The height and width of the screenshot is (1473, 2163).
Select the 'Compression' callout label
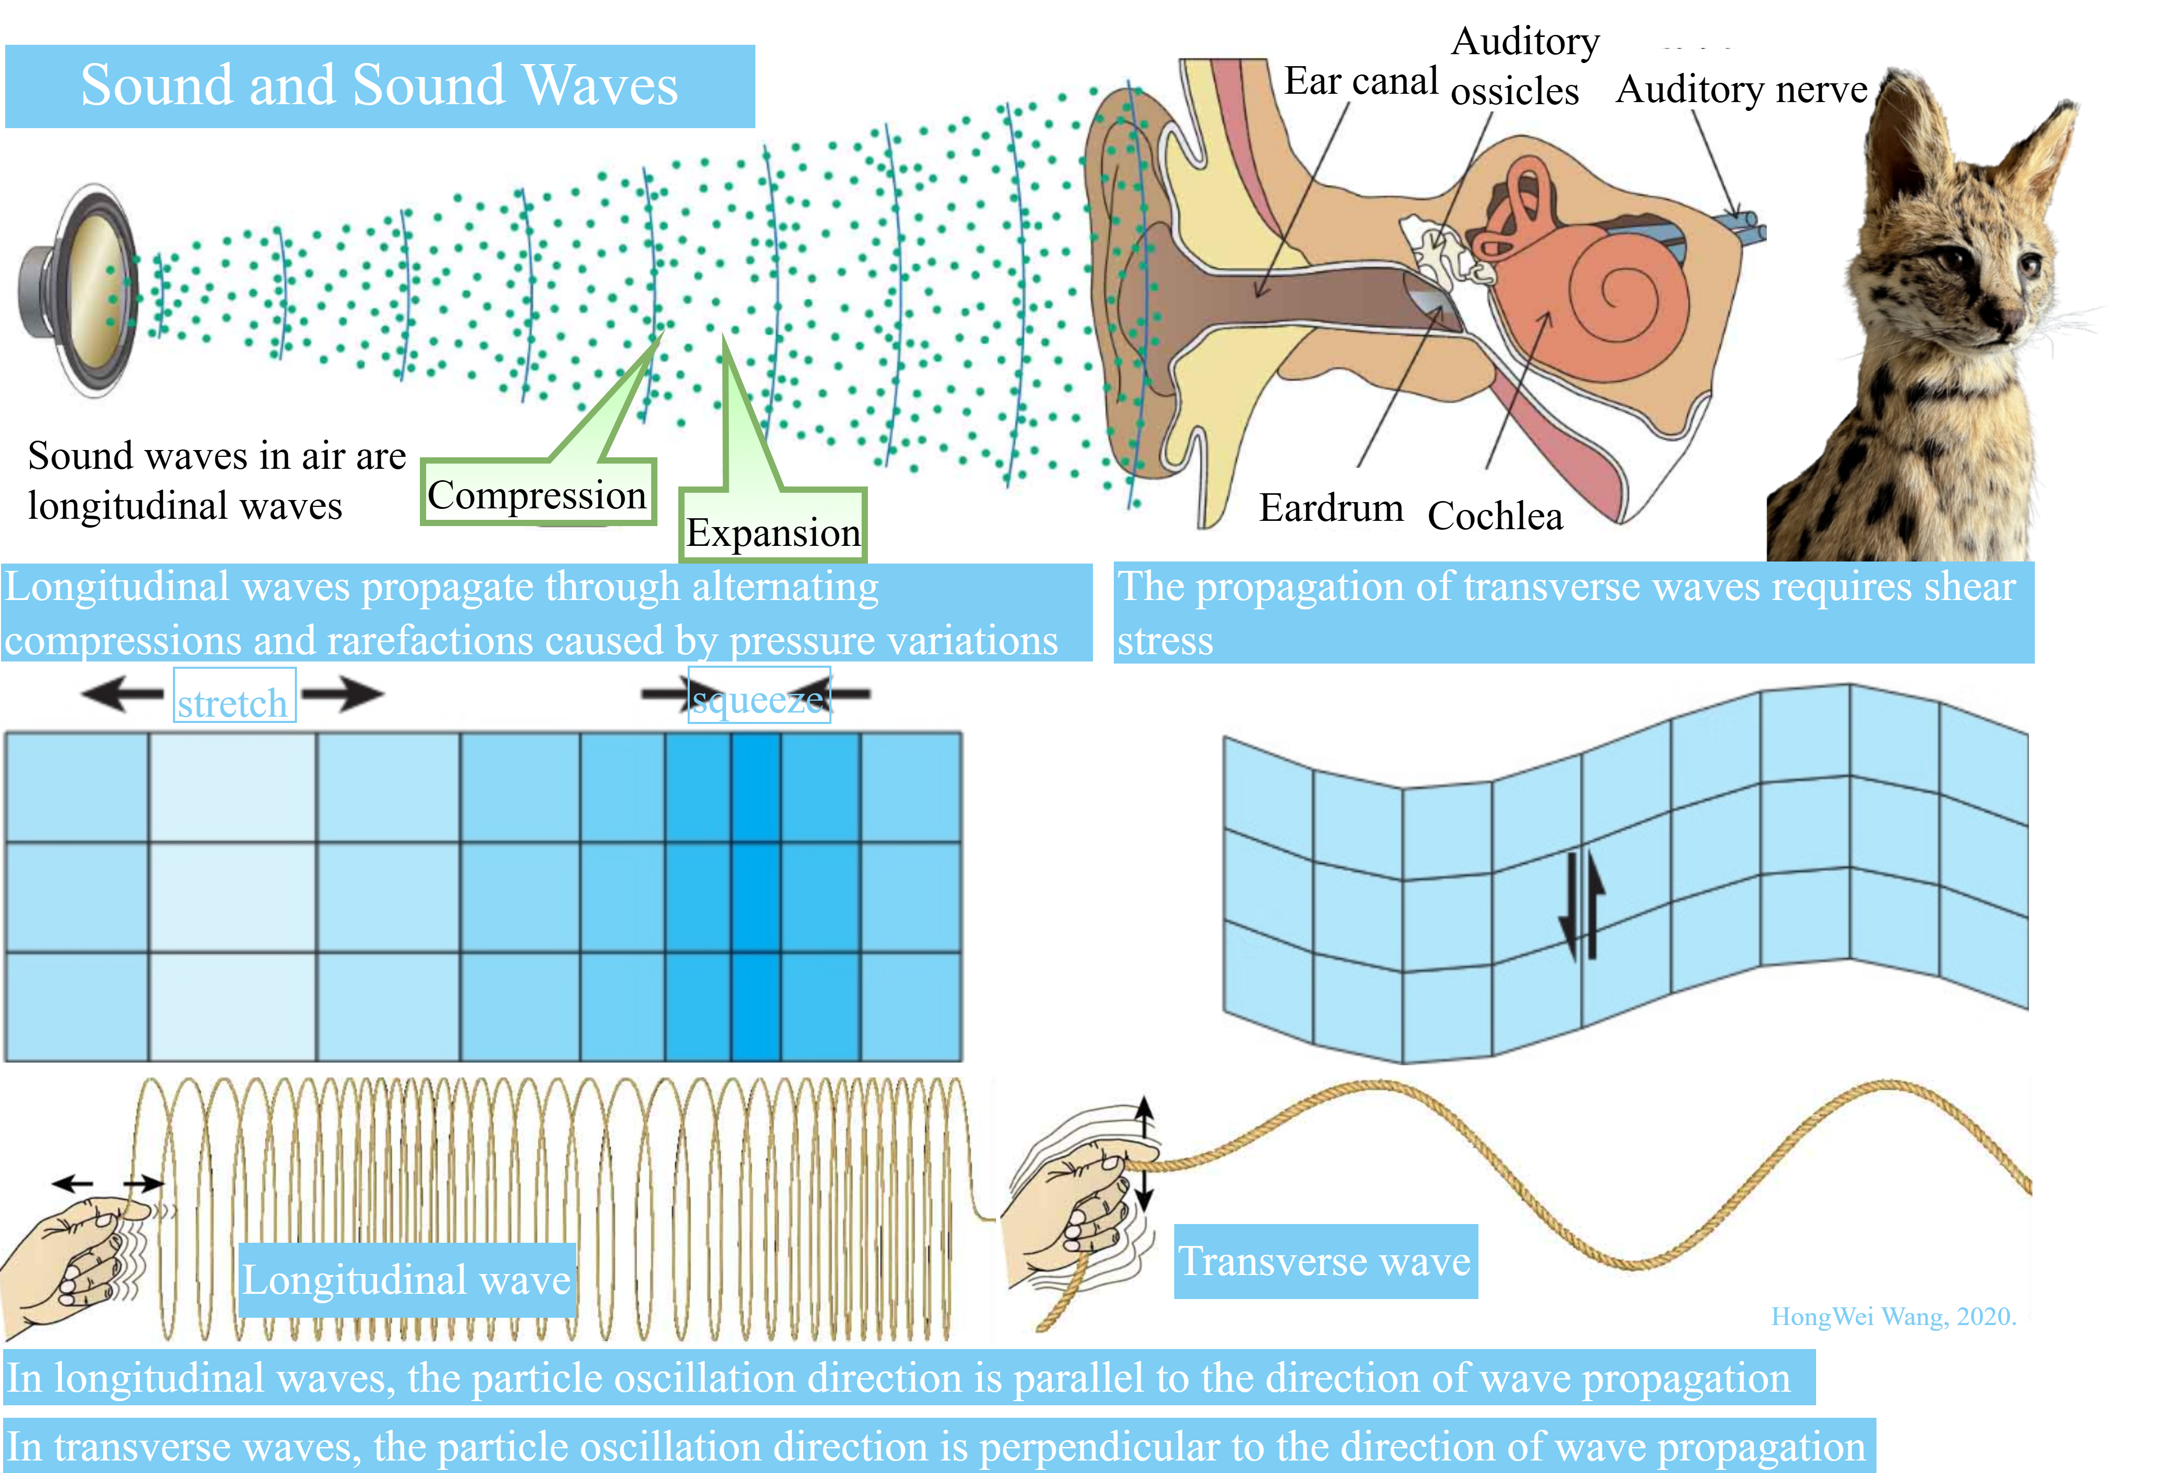537,494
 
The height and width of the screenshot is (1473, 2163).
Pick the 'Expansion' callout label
773,532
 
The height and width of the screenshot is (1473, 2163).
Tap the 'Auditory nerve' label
1741,90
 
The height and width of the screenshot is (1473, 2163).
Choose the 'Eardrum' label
1331,508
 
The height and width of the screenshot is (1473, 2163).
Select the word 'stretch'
233,704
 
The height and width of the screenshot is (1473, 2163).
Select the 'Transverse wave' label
1324,1261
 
